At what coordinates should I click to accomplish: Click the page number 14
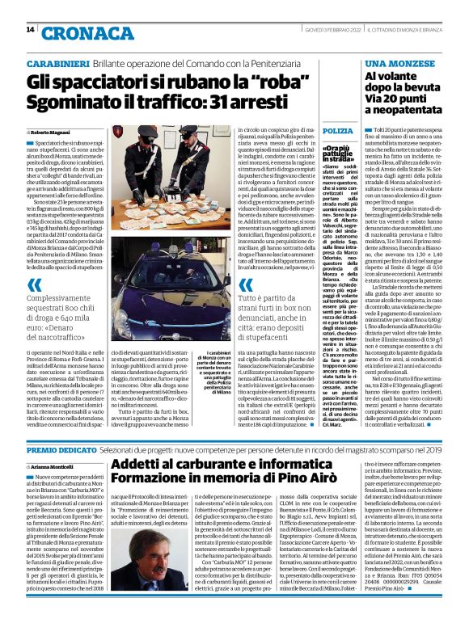coord(30,30)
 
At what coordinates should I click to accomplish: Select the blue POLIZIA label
coord(337,130)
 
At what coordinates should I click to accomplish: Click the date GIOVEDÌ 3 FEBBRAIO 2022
coord(319,30)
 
